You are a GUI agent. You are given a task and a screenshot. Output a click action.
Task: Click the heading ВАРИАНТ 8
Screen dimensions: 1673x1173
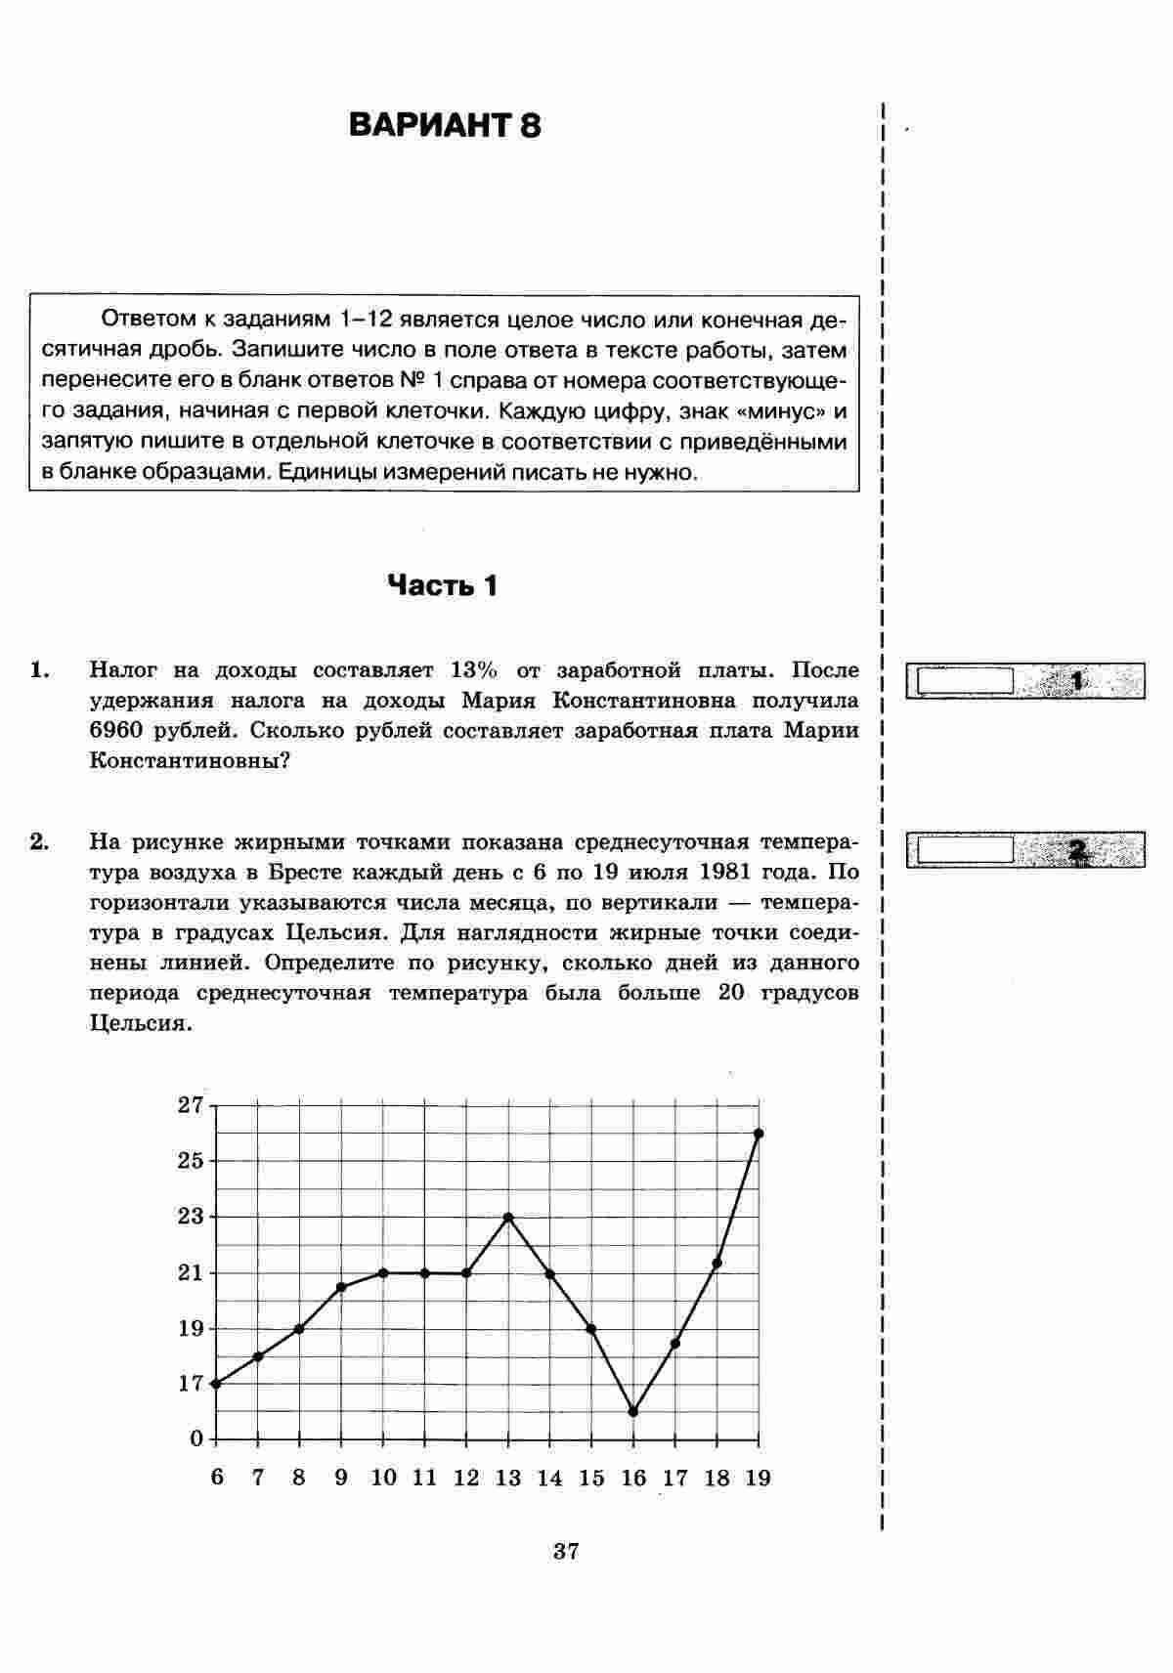click(445, 126)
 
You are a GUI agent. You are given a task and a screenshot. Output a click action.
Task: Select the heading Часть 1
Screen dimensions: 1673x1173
click(443, 585)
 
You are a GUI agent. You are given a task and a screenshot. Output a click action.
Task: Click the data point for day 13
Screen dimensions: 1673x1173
click(508, 1217)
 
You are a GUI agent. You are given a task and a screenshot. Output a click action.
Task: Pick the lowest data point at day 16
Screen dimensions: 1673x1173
click(633, 1411)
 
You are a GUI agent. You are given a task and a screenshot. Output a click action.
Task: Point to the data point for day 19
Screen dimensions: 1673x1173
click(759, 1134)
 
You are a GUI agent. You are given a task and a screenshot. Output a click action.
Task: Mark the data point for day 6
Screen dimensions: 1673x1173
click(216, 1384)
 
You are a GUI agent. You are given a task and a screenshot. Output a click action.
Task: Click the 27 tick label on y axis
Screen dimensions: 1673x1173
click(190, 1105)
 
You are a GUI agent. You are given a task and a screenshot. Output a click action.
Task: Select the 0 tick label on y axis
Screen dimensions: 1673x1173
click(196, 1438)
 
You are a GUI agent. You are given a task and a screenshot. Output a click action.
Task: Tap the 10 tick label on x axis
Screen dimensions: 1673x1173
click(383, 1478)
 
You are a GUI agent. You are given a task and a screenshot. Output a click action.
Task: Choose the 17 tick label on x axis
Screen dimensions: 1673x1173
click(675, 1478)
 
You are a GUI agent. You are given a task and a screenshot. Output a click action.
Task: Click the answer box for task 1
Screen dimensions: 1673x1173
click(965, 680)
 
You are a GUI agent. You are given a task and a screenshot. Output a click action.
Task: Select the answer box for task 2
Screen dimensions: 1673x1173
click(965, 848)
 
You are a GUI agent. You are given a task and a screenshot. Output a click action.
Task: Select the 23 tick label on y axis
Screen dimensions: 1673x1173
click(190, 1217)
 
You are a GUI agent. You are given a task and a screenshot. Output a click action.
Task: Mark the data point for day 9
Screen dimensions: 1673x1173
click(341, 1287)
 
